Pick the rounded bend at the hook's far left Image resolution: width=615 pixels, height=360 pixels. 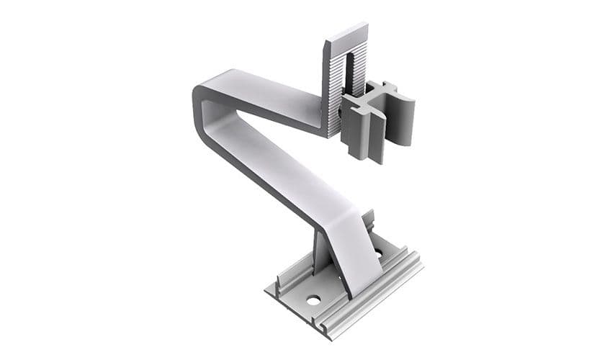tap(199, 108)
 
